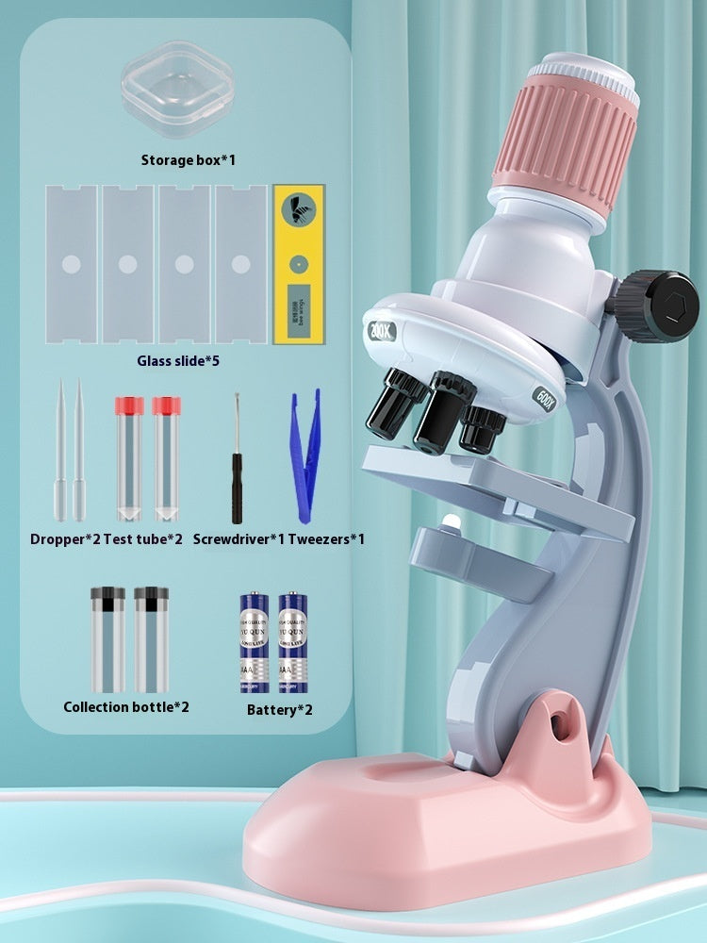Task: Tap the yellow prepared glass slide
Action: click(x=298, y=264)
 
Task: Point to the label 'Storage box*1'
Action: click(x=189, y=159)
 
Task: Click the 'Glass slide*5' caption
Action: click(x=184, y=359)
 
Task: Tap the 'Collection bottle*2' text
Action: click(x=126, y=706)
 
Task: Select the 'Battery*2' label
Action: click(x=279, y=708)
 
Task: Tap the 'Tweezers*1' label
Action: click(x=325, y=539)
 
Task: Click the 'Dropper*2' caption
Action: click(x=64, y=539)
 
